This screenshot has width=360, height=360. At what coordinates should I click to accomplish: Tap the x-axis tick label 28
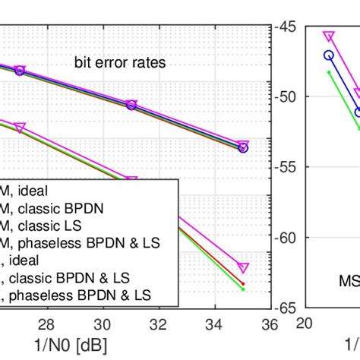[x=46, y=324]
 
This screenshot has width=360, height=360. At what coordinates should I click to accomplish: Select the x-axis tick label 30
[x=103, y=324]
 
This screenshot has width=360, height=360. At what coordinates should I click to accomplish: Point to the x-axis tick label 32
[x=158, y=324]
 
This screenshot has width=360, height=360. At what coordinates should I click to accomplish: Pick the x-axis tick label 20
[x=306, y=324]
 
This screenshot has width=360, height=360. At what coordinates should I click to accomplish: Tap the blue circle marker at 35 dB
[x=243, y=148]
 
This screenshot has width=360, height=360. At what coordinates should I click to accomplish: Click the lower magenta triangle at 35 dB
[x=243, y=267]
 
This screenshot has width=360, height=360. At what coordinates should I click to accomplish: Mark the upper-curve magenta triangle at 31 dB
[x=131, y=103]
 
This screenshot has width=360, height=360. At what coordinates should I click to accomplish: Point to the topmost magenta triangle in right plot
[x=328, y=36]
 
